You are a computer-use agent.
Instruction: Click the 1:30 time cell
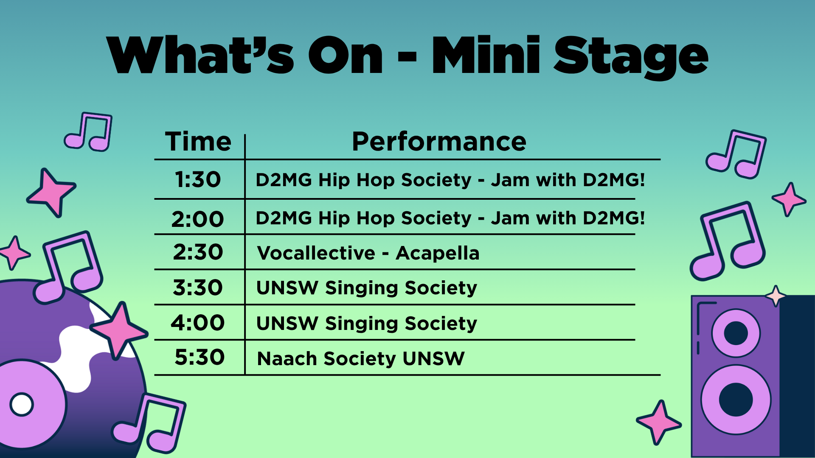pos(198,180)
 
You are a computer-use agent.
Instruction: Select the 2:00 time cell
pos(198,219)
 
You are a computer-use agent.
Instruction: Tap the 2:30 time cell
pos(198,252)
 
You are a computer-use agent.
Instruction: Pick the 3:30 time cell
pos(198,288)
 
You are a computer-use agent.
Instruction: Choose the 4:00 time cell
pos(198,323)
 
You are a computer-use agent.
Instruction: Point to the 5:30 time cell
pos(200,357)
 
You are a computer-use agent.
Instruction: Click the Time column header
pos(198,141)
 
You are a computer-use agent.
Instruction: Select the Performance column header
pos(439,141)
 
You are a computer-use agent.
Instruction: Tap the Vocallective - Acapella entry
pos(368,253)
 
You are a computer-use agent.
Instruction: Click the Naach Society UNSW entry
pos(361,359)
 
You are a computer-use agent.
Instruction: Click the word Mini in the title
pos(486,55)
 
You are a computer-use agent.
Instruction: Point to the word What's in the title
pos(200,55)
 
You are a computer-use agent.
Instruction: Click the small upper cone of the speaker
pos(736,333)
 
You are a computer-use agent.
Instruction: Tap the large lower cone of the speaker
pos(736,399)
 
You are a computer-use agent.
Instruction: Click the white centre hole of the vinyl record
pos(22,404)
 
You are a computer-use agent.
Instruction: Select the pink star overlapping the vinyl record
pos(119,330)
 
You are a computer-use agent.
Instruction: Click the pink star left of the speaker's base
pos(659,422)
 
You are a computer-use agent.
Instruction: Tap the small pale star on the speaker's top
pos(776,296)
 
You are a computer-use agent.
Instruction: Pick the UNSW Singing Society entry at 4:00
pos(367,324)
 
